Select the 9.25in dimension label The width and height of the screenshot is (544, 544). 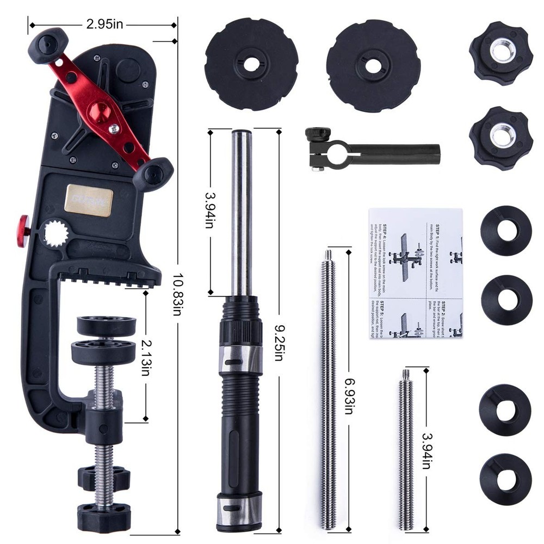click(x=278, y=348)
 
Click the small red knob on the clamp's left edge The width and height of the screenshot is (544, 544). click(x=23, y=230)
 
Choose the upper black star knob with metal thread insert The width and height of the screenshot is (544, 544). click(x=500, y=53)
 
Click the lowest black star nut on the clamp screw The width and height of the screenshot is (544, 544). click(x=103, y=511)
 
